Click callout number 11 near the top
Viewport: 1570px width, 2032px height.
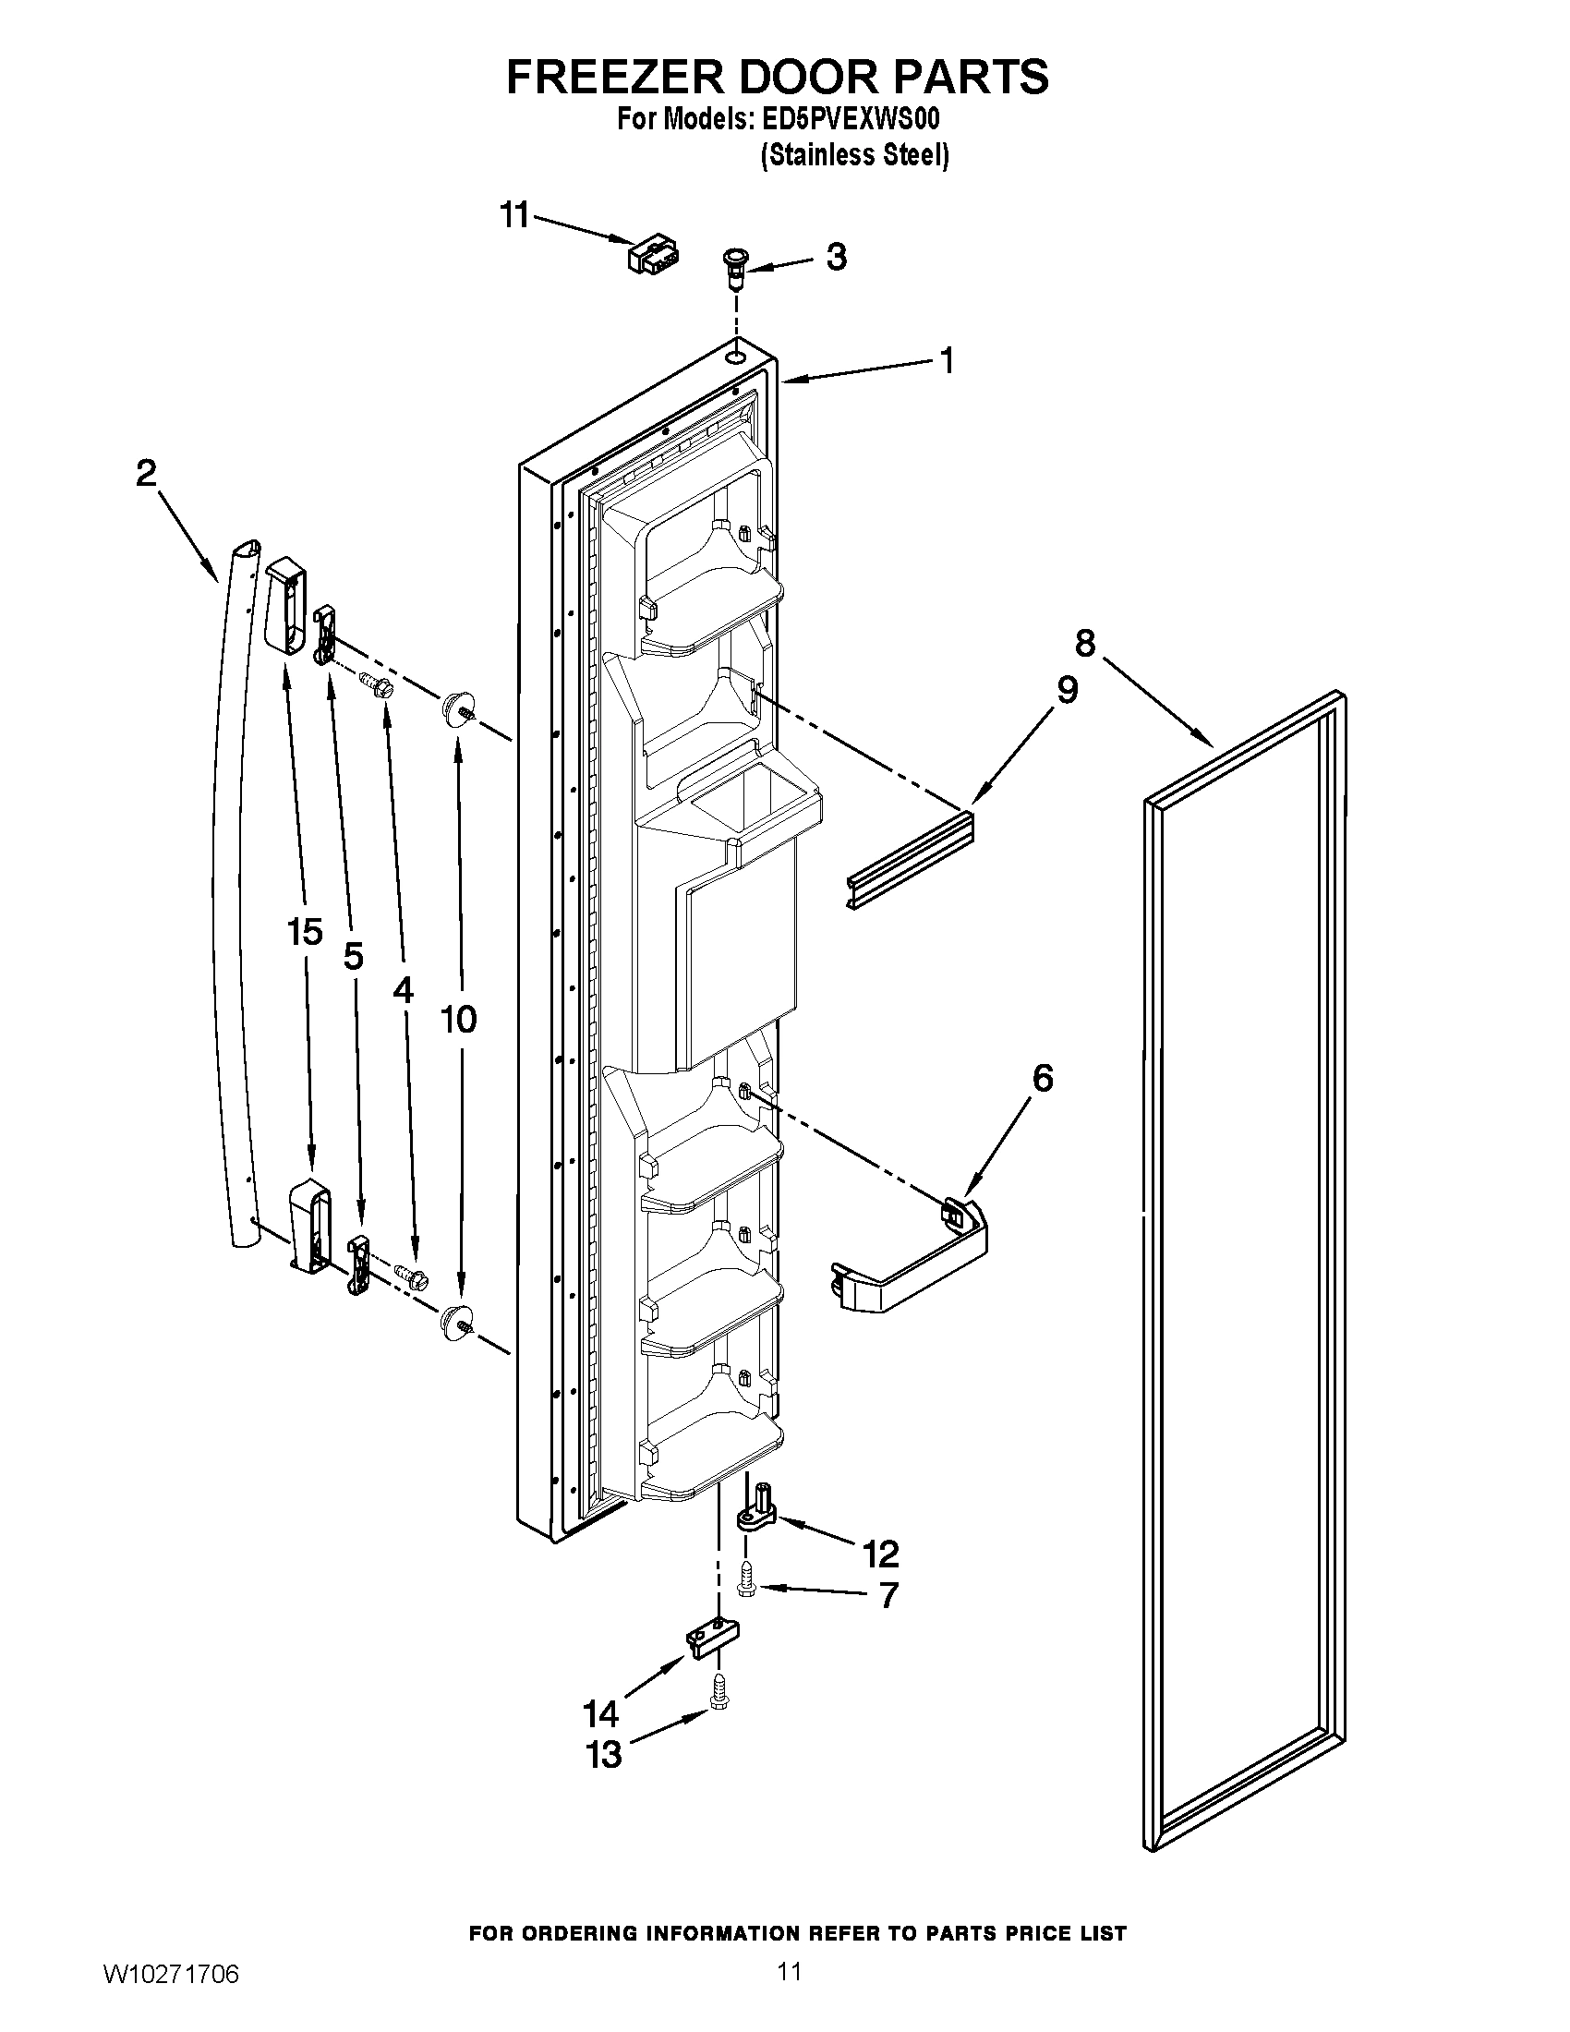[x=513, y=215]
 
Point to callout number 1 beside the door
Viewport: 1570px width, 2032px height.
[x=947, y=361]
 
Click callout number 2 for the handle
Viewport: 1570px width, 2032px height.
[x=146, y=475]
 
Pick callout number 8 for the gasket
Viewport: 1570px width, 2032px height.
[x=1085, y=643]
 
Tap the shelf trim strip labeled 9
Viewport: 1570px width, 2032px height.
[x=912, y=859]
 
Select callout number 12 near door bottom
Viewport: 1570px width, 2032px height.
[x=880, y=1553]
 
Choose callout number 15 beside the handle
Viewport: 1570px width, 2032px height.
[x=305, y=932]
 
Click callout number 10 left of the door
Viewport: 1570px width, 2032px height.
[x=459, y=1019]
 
